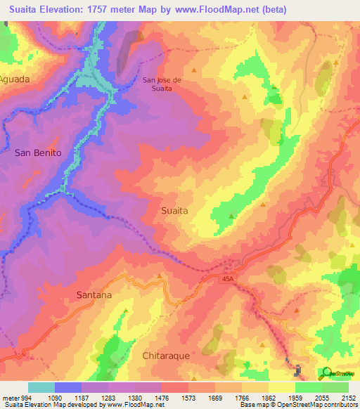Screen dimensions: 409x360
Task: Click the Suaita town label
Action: pos(174,209)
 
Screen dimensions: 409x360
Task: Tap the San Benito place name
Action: pos(38,152)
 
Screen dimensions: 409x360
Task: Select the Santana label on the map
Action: pos(94,295)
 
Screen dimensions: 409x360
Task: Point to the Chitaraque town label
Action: pos(167,356)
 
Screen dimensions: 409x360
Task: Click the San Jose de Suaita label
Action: pos(162,84)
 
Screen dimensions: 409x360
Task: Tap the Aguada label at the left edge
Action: pos(15,79)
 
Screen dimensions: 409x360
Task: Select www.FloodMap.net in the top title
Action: pos(253,10)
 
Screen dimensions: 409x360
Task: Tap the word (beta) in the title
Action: pos(328,10)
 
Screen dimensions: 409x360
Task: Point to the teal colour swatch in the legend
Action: pos(41,387)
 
